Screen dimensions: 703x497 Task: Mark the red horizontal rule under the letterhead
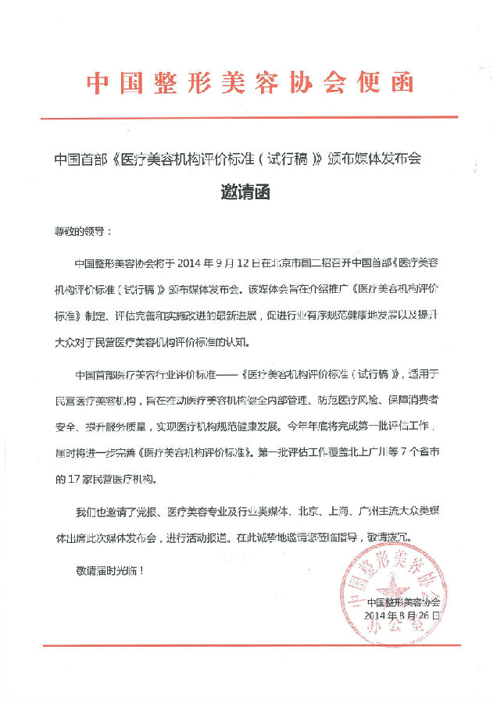(248, 118)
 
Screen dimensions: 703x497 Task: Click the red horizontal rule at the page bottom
(248, 645)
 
